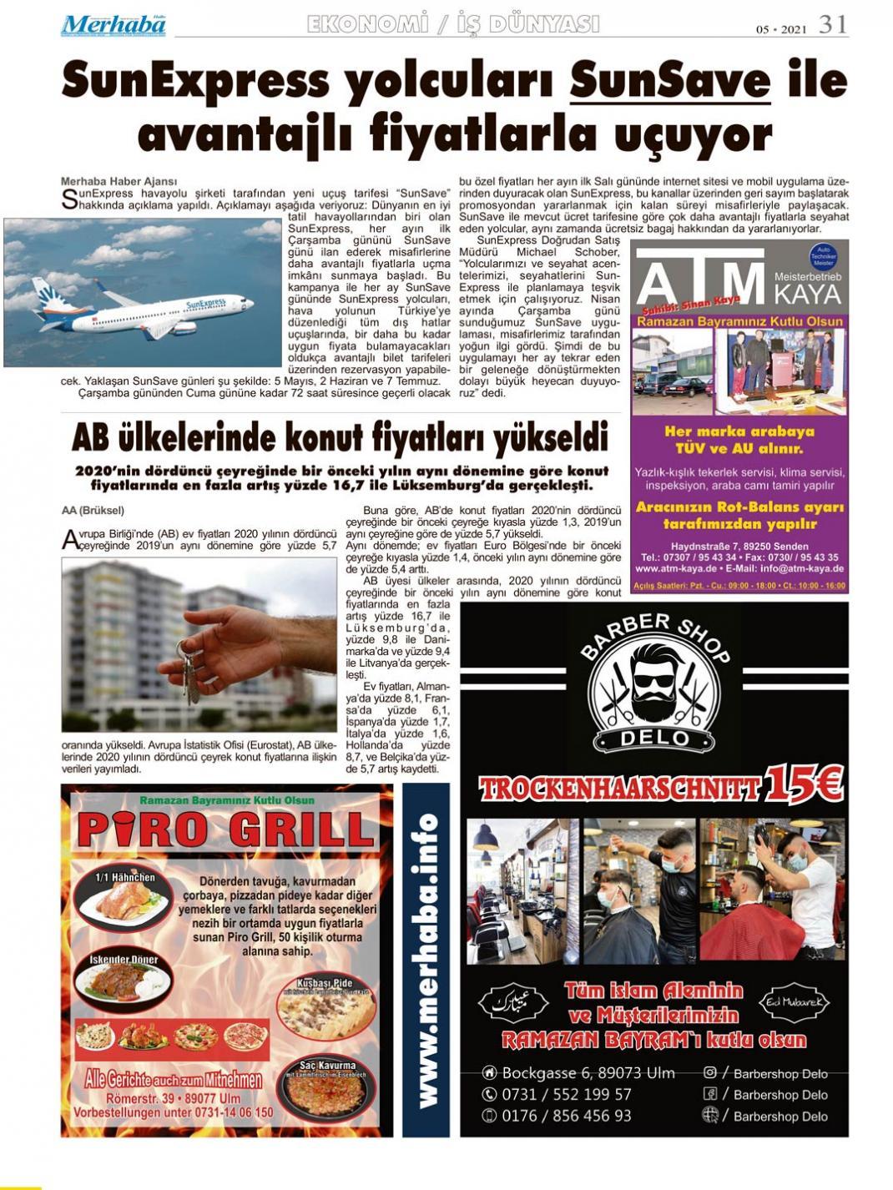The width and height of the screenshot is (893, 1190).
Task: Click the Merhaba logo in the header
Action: click(x=113, y=25)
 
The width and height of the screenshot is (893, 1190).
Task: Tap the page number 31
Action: click(x=832, y=25)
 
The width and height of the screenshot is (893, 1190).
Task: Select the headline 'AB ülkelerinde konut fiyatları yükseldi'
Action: click(x=340, y=436)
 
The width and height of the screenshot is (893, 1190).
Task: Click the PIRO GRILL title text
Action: click(x=226, y=829)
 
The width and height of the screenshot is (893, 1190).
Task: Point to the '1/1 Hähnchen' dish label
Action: click(x=124, y=877)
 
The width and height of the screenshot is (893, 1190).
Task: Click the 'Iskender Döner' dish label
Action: click(x=124, y=960)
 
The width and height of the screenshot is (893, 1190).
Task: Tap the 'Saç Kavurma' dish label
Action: click(x=327, y=1066)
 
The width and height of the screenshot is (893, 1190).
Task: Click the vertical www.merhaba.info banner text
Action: click(x=426, y=960)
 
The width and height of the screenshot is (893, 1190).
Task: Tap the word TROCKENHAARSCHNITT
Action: click(x=619, y=789)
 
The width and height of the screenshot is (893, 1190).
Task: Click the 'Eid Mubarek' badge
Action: click(x=793, y=1001)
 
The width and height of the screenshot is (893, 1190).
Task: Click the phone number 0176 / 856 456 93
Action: click(x=566, y=1116)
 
